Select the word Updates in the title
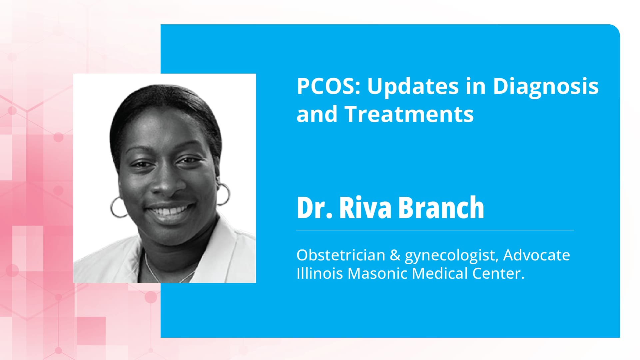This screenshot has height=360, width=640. pos(413,86)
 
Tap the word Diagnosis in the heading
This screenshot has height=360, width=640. pos(546,86)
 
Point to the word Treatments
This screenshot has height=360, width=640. pos(409,114)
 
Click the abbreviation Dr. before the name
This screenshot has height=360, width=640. pos(314,208)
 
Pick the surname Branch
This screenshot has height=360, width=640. pos(441,208)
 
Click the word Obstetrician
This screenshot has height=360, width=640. pos(340,255)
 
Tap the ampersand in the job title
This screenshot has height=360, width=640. pos(395,255)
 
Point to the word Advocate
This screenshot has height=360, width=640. pos(536,255)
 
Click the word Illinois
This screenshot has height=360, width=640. pos(320,273)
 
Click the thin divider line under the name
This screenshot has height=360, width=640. pos(435,230)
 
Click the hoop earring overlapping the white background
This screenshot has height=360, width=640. pos(224,194)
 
